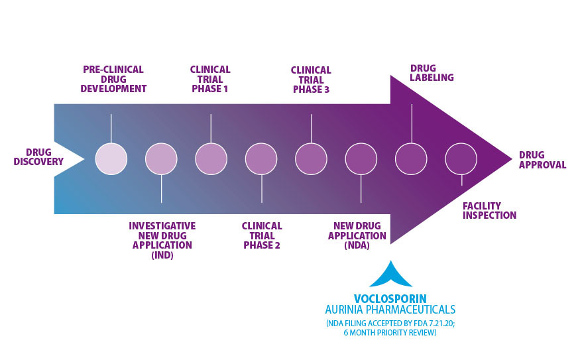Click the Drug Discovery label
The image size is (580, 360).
[x=38, y=157]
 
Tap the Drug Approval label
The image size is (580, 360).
[x=542, y=160]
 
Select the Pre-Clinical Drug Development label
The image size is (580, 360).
[x=113, y=79]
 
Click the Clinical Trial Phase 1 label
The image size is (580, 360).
[x=210, y=79]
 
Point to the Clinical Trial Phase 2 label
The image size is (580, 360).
[x=262, y=235]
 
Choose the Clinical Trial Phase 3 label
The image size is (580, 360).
[x=311, y=80]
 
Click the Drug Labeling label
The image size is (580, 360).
[x=432, y=73]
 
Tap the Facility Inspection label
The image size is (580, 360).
[x=489, y=211]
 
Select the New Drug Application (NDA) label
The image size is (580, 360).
[x=357, y=235]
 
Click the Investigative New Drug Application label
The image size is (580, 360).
[x=162, y=241]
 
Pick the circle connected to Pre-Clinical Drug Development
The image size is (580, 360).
[x=111, y=159]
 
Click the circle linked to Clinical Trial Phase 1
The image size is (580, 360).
[x=211, y=159]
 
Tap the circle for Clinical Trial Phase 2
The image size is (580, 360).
[x=261, y=159]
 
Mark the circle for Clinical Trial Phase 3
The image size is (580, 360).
[x=311, y=159]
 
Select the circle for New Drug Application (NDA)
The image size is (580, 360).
[x=361, y=159]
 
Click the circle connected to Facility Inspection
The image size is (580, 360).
[x=461, y=159]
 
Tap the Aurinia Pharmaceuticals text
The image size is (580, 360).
[x=390, y=310]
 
